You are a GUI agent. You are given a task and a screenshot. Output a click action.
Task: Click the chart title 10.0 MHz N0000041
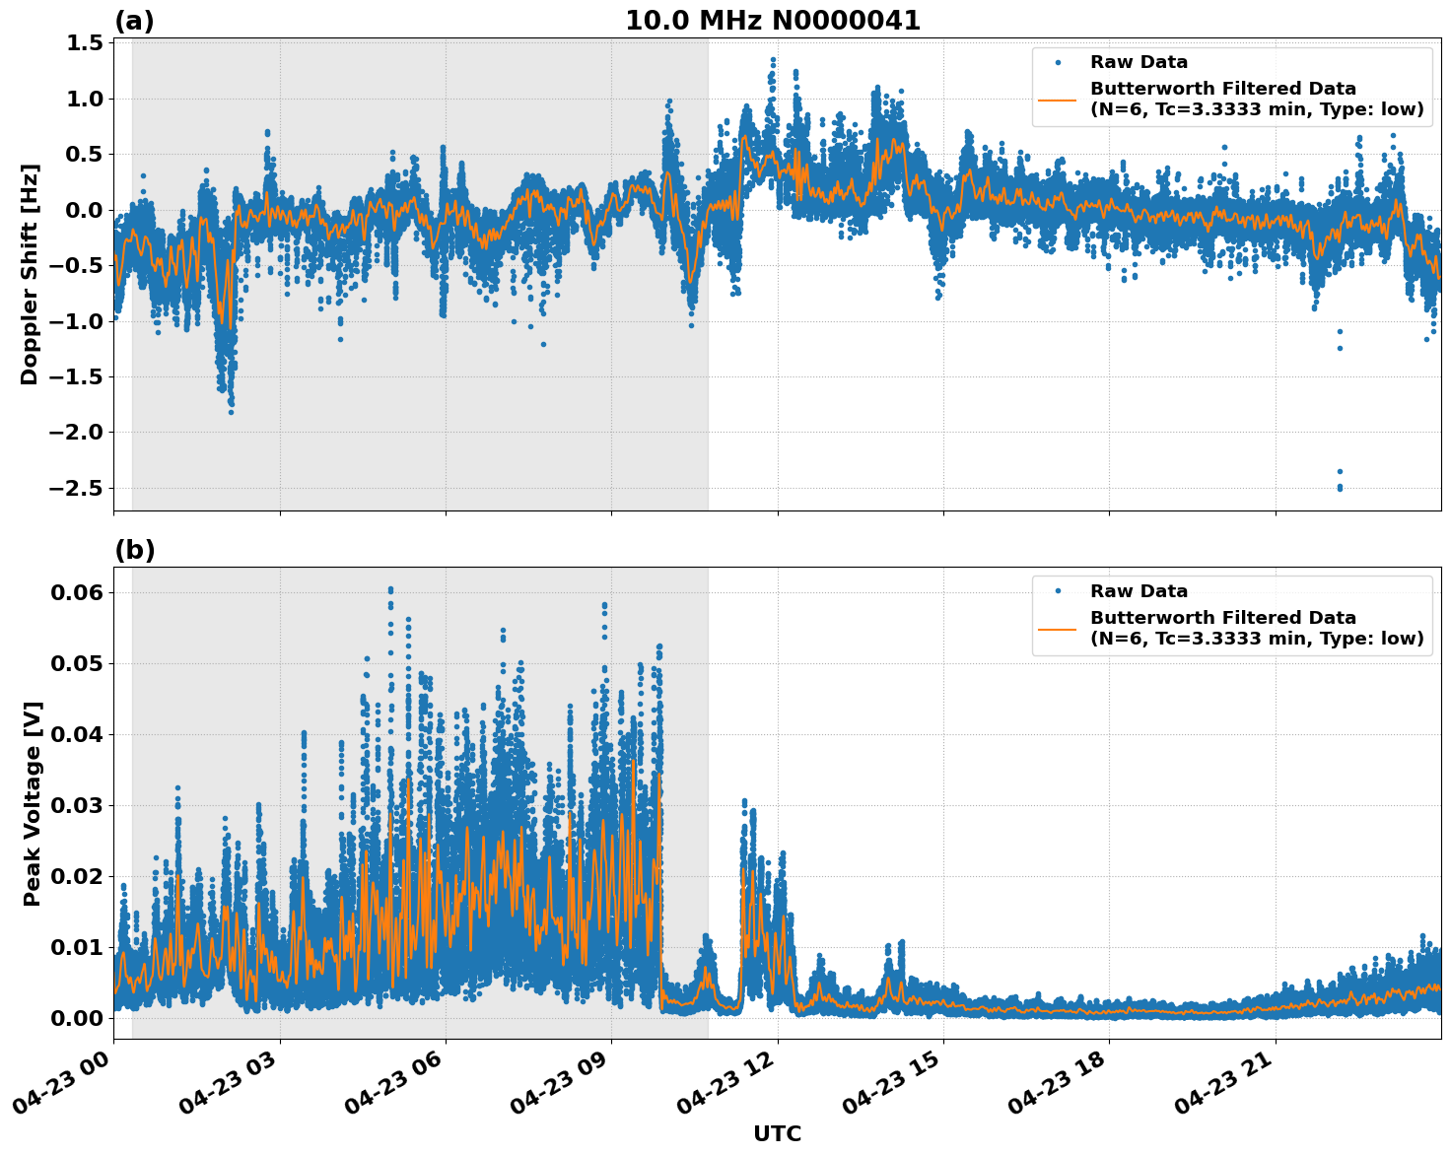[x=772, y=21]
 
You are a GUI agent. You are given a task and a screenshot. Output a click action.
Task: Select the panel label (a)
[x=134, y=21]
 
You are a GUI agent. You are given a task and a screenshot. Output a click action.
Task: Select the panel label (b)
[x=134, y=550]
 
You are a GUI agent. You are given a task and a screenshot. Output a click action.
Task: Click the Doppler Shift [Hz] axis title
[x=30, y=274]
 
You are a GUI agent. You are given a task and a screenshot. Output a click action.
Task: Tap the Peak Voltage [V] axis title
[x=33, y=803]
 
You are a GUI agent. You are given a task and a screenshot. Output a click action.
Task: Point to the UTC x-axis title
[x=777, y=1133]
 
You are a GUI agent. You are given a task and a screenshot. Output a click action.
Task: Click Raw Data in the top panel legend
[x=1139, y=63]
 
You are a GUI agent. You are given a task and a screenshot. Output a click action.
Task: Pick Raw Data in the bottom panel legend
[x=1139, y=591]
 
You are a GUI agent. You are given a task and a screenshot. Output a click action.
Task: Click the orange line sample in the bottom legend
[x=1057, y=628]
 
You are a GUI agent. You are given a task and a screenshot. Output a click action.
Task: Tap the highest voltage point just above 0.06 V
[x=390, y=589]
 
